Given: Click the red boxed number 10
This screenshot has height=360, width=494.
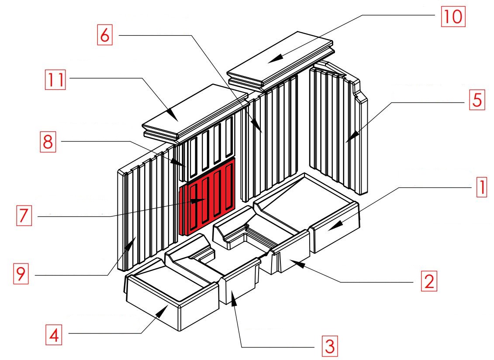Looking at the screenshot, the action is click(x=453, y=16).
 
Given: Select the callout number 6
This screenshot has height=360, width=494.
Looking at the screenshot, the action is click(x=104, y=34).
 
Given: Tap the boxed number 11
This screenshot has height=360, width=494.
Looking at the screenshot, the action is click(x=55, y=80).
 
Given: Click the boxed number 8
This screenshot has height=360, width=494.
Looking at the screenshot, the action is click(x=48, y=142).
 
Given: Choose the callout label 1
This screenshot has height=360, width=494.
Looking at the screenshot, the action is click(x=481, y=187).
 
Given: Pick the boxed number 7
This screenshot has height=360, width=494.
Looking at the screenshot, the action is click(x=24, y=216).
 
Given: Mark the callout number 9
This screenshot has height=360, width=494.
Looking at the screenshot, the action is click(x=21, y=274).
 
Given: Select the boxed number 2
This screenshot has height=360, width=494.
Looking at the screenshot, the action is click(x=429, y=281).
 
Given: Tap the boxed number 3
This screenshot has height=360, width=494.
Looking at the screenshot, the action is click(x=329, y=346).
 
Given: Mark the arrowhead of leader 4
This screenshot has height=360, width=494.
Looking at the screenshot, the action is click(x=162, y=311).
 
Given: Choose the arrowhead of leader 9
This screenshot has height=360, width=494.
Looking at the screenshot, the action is click(x=131, y=243).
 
